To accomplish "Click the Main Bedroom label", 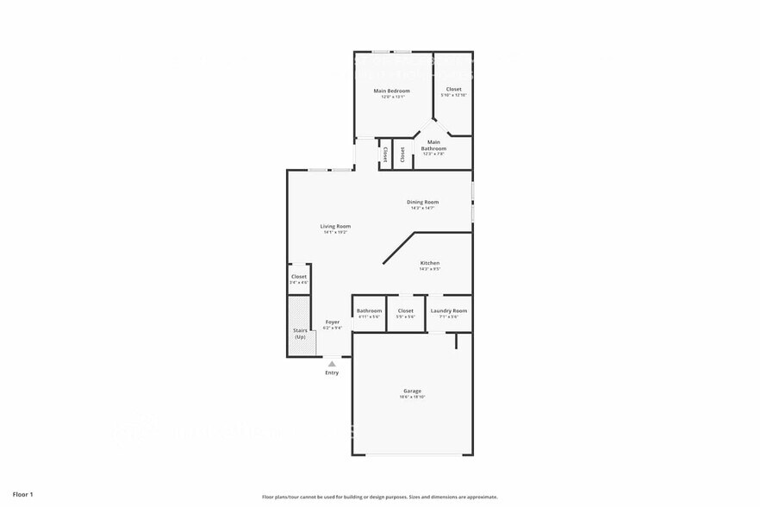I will pyautogui.click(x=391, y=91).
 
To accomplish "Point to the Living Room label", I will pyautogui.click(x=336, y=226).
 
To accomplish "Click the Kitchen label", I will pyautogui.click(x=430, y=262).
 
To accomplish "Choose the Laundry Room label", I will pyautogui.click(x=449, y=310).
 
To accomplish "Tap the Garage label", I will pyautogui.click(x=413, y=391).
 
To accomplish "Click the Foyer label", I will pyautogui.click(x=332, y=322).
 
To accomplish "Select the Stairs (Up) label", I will pyautogui.click(x=300, y=333).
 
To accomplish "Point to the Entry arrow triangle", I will pyautogui.click(x=332, y=364).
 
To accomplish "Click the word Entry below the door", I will pyautogui.click(x=332, y=372).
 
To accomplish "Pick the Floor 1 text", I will pyautogui.click(x=23, y=495).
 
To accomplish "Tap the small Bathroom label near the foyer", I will pyautogui.click(x=370, y=310).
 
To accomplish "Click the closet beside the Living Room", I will pyautogui.click(x=299, y=279).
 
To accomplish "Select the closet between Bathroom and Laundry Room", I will pyautogui.click(x=406, y=312).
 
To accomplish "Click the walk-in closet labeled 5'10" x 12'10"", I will pyautogui.click(x=453, y=91).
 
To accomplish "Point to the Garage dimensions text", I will pyautogui.click(x=413, y=397).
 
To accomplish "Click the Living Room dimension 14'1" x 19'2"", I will pyautogui.click(x=336, y=232).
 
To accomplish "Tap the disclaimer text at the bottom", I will pyautogui.click(x=379, y=497).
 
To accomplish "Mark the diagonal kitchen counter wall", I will pyautogui.click(x=399, y=247).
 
